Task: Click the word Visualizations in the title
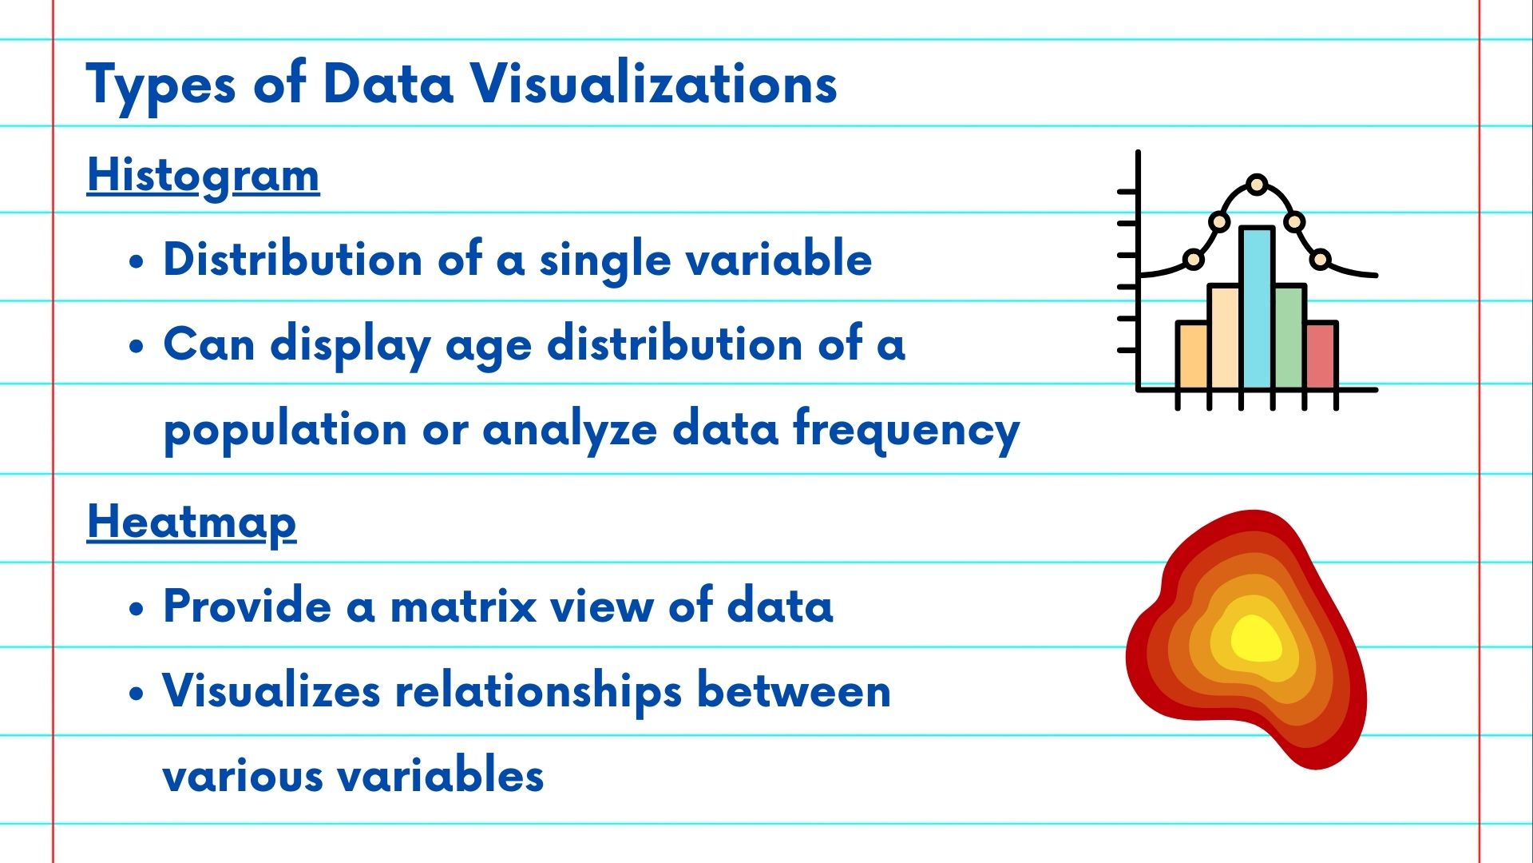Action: point(653,83)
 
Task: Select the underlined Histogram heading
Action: point(204,177)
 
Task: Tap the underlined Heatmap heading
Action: point(192,523)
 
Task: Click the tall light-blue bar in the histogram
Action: point(1257,308)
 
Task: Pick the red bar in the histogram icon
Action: point(1321,356)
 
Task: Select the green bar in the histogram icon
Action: point(1289,337)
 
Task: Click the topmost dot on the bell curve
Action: point(1257,185)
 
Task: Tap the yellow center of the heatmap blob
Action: point(1256,639)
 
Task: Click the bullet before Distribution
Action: point(137,261)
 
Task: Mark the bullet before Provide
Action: point(137,608)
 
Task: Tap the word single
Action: point(604,261)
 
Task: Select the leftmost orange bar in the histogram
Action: point(1193,356)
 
